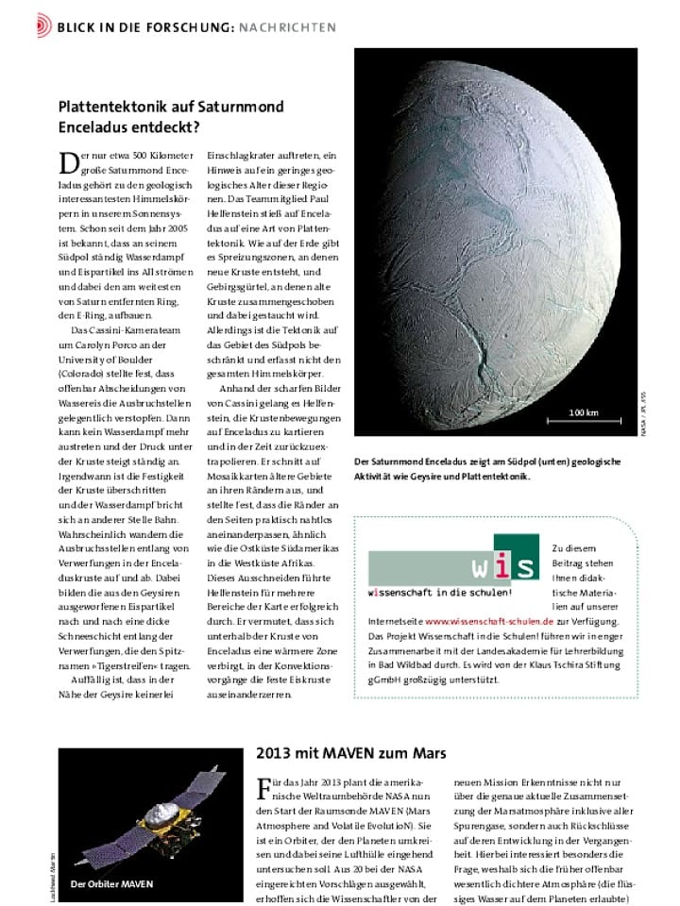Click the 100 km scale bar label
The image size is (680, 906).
click(584, 412)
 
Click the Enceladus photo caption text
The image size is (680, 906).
click(486, 469)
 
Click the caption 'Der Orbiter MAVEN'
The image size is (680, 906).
click(112, 883)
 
